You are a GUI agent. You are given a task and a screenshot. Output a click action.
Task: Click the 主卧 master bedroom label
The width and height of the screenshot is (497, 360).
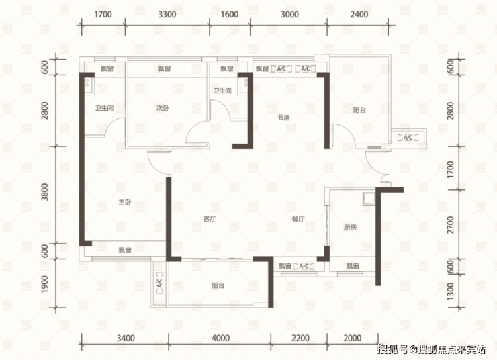point(124,202)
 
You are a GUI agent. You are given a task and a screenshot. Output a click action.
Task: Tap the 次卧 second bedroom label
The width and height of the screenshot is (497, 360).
point(163,108)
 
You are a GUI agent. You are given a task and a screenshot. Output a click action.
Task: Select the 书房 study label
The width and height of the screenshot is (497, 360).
point(283,118)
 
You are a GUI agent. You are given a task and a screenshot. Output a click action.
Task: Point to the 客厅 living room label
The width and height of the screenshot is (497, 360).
point(210,219)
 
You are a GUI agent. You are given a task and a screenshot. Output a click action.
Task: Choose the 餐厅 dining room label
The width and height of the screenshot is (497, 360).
point(298,219)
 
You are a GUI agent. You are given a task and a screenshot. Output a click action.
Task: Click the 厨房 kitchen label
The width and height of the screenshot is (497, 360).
point(350,227)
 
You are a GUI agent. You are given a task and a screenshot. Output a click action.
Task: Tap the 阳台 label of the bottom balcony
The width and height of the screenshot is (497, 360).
point(218,285)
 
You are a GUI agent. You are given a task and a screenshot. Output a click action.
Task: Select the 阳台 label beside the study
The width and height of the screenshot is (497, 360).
point(359,110)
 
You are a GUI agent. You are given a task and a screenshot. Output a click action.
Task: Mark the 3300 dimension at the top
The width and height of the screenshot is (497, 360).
point(167,15)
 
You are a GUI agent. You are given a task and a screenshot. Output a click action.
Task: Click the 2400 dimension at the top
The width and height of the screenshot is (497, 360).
point(359,15)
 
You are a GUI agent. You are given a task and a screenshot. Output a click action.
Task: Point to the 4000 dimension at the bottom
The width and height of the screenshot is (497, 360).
point(220,338)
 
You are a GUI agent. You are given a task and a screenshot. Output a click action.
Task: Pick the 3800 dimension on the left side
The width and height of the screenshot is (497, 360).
point(45,192)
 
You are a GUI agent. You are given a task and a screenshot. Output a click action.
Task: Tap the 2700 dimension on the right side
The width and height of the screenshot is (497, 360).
point(450,225)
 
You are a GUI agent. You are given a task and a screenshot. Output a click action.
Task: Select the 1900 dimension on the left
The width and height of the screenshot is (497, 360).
point(45,284)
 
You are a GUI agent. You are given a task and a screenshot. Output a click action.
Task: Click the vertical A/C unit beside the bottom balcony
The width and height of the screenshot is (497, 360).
point(159,281)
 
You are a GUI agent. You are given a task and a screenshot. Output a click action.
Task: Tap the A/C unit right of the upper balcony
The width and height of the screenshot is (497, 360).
point(408,138)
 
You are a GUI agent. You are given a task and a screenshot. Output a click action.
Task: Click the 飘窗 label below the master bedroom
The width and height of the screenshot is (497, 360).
point(125,250)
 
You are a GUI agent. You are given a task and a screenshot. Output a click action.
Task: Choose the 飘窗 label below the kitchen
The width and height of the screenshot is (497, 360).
point(353,266)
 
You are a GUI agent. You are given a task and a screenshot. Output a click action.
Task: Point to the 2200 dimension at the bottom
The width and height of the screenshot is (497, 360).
point(300,338)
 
